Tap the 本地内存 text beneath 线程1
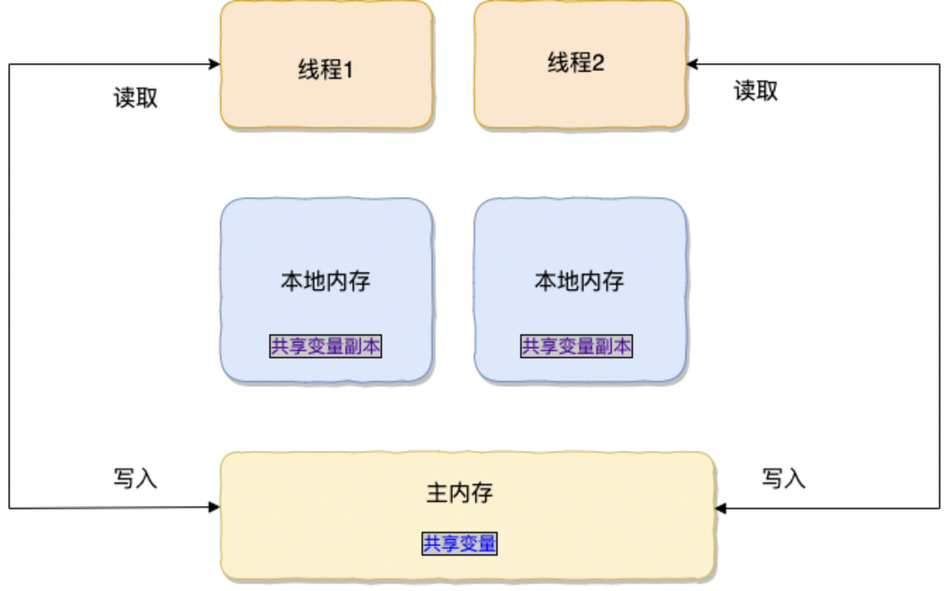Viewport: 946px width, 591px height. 326,281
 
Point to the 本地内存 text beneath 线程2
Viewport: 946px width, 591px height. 579,281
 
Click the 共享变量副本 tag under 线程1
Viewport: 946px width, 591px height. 326,346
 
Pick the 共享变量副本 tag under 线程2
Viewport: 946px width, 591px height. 577,346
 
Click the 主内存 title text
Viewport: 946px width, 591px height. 459,492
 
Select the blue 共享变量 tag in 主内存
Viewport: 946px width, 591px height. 460,544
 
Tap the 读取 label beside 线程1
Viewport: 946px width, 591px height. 135,98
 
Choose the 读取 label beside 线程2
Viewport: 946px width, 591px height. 756,91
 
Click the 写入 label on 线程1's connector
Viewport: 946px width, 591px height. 135,479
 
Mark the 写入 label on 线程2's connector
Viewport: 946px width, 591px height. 783,479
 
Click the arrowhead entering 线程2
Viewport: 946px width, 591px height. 692,65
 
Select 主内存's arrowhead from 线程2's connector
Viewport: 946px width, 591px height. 721,508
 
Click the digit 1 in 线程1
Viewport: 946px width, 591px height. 347,71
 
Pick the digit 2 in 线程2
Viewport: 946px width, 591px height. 598,63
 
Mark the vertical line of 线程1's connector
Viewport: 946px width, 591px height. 9,282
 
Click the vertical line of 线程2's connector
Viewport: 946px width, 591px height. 939,282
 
